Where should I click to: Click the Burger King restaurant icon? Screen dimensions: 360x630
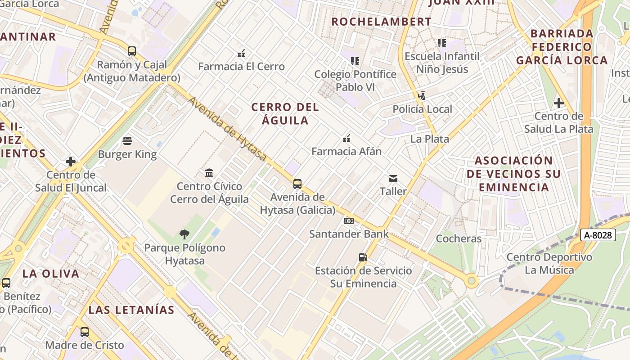(x=127, y=141)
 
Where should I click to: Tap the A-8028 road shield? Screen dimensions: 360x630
(x=598, y=235)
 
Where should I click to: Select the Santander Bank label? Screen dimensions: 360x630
(x=349, y=234)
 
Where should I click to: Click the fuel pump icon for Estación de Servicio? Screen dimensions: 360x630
(x=363, y=257)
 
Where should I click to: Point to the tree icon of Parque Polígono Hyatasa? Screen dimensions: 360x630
(x=184, y=234)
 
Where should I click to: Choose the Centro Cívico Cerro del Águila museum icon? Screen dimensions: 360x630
(x=209, y=173)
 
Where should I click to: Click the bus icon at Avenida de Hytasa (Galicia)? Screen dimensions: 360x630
(x=297, y=184)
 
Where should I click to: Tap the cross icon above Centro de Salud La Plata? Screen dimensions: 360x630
(x=558, y=103)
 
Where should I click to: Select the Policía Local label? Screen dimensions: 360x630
(x=422, y=109)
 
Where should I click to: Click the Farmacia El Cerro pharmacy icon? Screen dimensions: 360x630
(x=241, y=54)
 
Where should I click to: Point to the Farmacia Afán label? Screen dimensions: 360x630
(x=346, y=151)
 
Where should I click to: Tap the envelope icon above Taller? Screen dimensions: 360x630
(x=393, y=179)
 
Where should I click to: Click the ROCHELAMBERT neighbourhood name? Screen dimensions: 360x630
(x=381, y=22)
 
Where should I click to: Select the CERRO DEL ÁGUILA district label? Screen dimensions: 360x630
(x=285, y=114)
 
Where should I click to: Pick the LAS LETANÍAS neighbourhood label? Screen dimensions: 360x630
(x=131, y=310)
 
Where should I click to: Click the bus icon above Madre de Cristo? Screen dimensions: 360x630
(x=85, y=332)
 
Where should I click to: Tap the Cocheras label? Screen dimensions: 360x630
(x=459, y=238)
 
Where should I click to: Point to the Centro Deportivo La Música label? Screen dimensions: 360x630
(x=549, y=264)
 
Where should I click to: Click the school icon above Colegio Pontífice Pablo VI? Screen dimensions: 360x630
(x=355, y=61)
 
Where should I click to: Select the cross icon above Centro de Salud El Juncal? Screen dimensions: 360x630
(x=71, y=162)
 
